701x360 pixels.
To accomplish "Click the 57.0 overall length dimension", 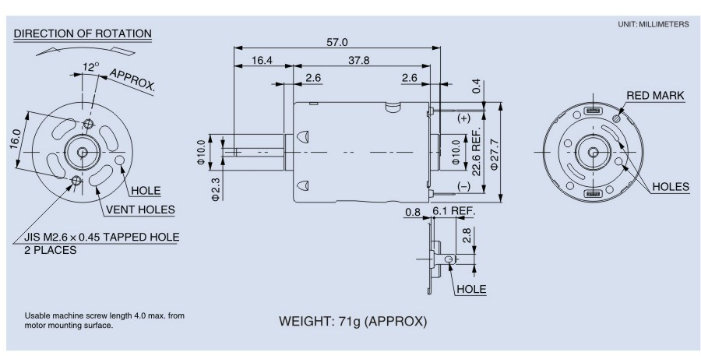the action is (x=337, y=42).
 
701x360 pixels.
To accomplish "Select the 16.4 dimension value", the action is (x=262, y=60).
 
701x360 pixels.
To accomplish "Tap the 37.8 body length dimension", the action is (x=359, y=60).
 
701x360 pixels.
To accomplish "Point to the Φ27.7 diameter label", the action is (x=494, y=153).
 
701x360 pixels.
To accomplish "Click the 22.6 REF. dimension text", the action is (x=476, y=152).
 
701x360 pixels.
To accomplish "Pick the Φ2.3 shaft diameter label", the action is (x=215, y=189).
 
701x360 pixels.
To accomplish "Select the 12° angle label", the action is (x=90, y=67).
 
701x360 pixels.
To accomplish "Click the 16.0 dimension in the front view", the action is (x=15, y=138).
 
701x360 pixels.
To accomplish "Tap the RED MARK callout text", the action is (x=655, y=96).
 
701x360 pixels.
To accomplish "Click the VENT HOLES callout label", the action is (x=140, y=210).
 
